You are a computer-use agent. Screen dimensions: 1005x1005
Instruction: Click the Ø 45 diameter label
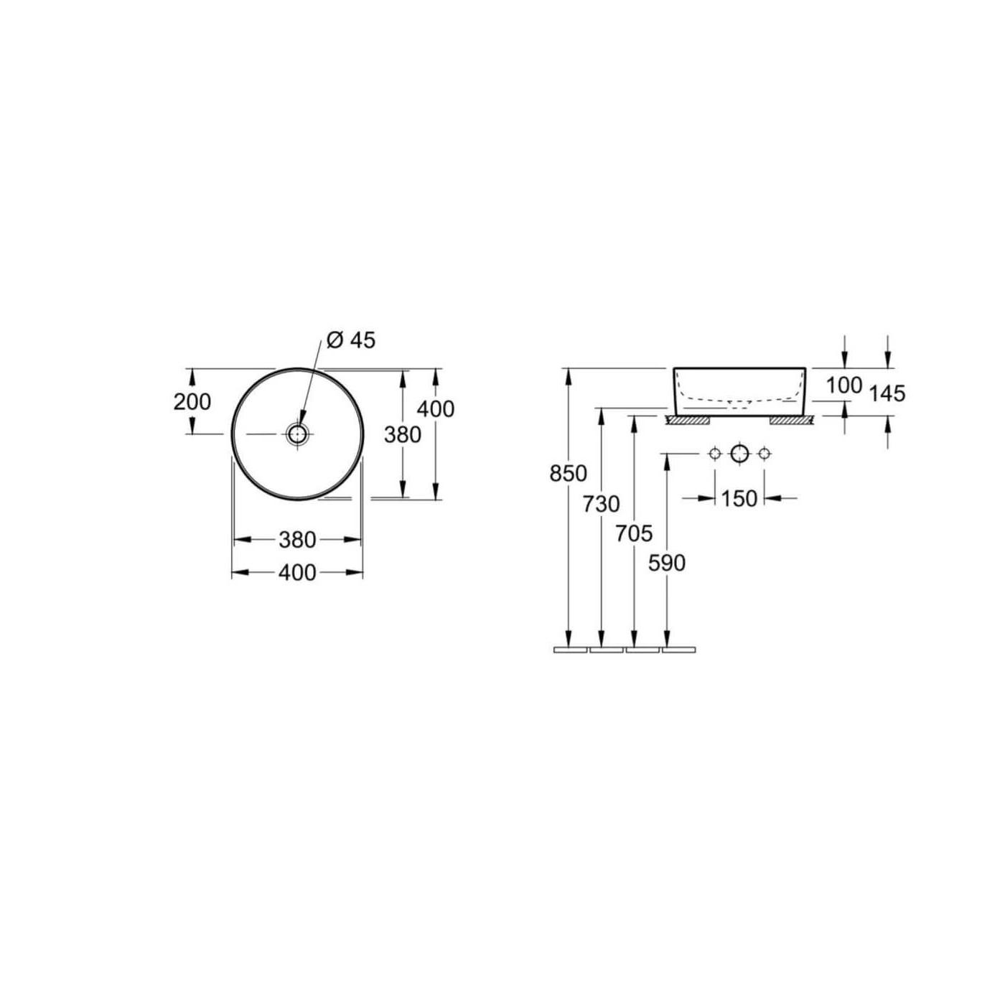pos(350,340)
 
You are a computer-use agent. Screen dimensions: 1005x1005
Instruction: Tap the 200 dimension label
pos(192,402)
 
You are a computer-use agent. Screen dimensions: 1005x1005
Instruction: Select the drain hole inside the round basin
pos(298,434)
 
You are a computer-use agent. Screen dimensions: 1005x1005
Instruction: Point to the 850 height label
pos(568,474)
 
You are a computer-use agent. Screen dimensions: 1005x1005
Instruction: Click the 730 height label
pos(602,505)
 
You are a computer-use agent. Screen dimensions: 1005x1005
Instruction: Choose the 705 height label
pos(634,533)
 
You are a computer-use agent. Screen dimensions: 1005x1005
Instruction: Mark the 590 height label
pos(666,564)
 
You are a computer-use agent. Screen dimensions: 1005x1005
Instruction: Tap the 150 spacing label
pos(739,499)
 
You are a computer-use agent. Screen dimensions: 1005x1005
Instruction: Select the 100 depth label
pos(844,386)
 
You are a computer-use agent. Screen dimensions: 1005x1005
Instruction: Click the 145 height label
pos(887,394)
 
